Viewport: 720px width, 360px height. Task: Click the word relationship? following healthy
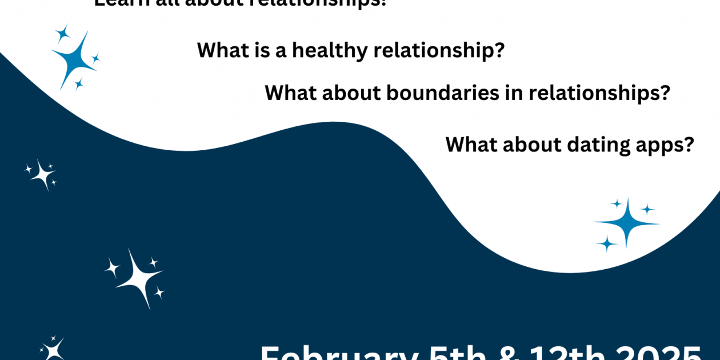click(439, 50)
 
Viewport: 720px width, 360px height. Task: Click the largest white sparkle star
click(135, 279)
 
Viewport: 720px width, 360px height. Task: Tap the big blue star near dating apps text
click(627, 223)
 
